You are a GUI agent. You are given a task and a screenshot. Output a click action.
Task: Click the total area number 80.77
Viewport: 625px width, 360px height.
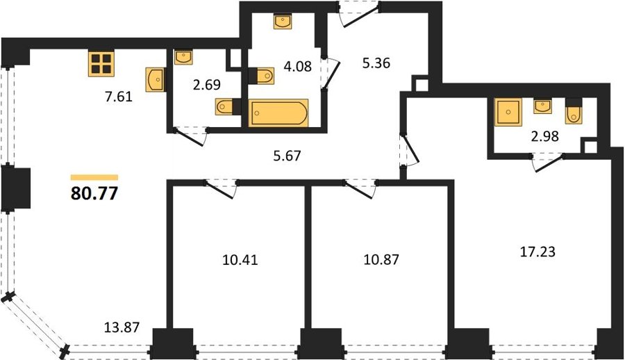point(94,194)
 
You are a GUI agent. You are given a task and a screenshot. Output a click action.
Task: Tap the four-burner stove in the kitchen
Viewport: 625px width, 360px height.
point(101,64)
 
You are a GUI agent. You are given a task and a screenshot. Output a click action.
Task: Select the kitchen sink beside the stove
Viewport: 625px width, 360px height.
point(156,80)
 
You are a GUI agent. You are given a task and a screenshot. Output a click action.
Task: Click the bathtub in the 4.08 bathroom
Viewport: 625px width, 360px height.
point(278,113)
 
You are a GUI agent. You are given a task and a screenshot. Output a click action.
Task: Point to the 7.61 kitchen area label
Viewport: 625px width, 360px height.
point(118,97)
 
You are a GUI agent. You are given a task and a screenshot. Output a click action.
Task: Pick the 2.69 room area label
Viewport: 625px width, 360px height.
point(207,85)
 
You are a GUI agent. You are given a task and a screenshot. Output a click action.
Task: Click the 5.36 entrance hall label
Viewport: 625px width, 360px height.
point(376,63)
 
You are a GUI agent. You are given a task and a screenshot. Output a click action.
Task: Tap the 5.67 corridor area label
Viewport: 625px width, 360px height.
point(287,156)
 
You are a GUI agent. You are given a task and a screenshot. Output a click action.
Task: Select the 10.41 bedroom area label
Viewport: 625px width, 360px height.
point(240,260)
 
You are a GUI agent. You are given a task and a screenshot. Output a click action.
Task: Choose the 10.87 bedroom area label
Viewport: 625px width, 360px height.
point(381,259)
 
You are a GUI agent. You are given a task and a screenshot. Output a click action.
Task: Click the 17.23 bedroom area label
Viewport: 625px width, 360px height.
point(537,252)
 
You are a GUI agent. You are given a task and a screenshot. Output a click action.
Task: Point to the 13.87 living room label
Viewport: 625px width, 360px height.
point(122,327)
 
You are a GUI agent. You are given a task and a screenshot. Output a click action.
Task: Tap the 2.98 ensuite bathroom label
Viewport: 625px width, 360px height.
point(544,136)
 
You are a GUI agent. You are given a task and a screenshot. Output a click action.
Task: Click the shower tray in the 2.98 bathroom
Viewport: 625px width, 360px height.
point(508,112)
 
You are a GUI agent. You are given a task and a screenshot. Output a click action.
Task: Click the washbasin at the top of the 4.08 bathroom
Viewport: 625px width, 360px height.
point(283,22)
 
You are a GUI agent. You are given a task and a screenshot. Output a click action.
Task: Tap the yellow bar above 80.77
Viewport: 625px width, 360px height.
point(94,178)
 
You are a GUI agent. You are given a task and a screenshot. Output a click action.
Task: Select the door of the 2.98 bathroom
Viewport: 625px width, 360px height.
point(549,162)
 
